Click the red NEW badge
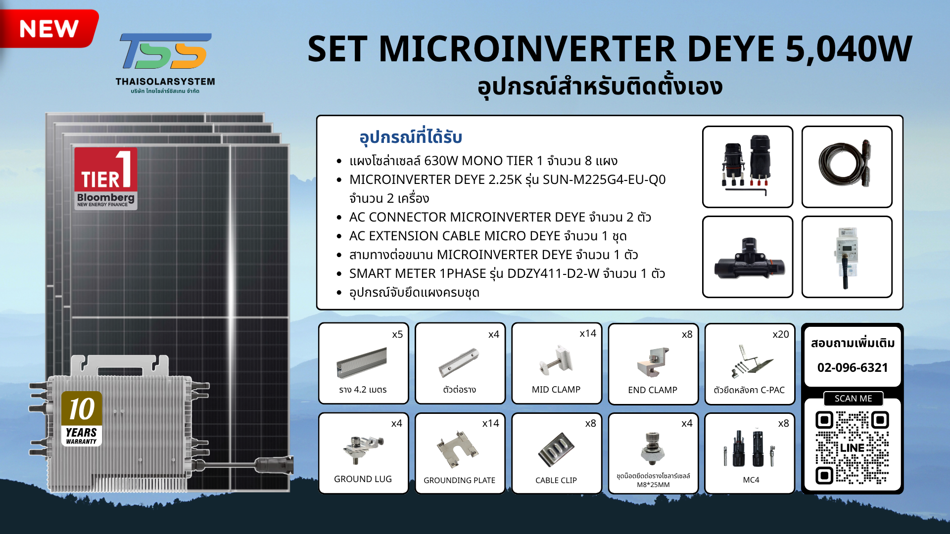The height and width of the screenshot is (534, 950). (x=48, y=28)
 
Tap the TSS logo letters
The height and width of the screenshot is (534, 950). (x=166, y=51)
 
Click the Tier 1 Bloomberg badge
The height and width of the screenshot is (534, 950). (x=105, y=179)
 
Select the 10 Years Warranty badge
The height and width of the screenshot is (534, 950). (x=82, y=418)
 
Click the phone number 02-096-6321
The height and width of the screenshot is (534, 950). (x=853, y=367)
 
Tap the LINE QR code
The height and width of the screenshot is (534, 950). (x=852, y=447)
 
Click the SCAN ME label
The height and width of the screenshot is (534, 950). (x=853, y=399)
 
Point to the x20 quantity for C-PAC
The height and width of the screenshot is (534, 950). (x=781, y=334)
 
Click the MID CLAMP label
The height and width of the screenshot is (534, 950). (x=556, y=390)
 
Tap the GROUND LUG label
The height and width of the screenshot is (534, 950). (x=363, y=479)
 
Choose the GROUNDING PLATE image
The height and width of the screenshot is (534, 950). (x=458, y=449)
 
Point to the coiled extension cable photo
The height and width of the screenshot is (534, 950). (x=846, y=163)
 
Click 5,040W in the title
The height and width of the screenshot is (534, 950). (x=849, y=49)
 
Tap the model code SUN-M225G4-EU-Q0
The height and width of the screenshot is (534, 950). (x=604, y=179)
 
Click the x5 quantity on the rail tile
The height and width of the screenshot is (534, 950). (x=397, y=334)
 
